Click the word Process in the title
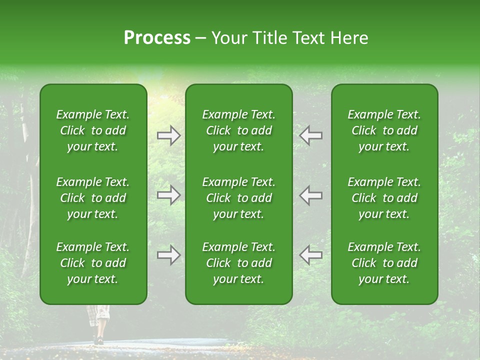pyautogui.click(x=157, y=38)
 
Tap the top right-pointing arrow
pyautogui.click(x=169, y=135)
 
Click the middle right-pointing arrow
pyautogui.click(x=169, y=195)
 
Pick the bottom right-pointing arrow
pyautogui.click(x=169, y=255)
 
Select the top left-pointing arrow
pyautogui.click(x=310, y=135)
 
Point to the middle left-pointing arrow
pyautogui.click(x=310, y=195)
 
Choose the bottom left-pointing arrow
pyautogui.click(x=310, y=255)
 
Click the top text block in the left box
pyautogui.click(x=93, y=130)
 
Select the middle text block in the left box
pyautogui.click(x=93, y=198)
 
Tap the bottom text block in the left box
pyautogui.click(x=93, y=263)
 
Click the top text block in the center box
pyautogui.click(x=239, y=130)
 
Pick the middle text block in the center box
pyautogui.click(x=239, y=198)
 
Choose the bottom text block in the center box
pyautogui.click(x=239, y=263)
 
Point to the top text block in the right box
pyautogui.click(x=384, y=130)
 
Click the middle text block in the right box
pyautogui.click(x=384, y=198)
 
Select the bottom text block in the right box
pyautogui.click(x=384, y=263)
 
